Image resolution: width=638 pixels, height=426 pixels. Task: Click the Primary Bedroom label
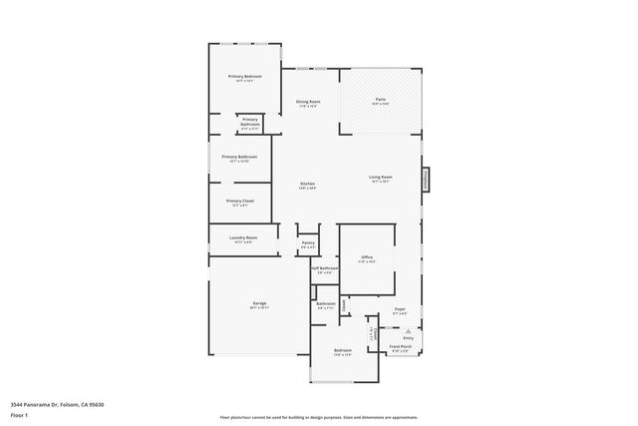point(244,76)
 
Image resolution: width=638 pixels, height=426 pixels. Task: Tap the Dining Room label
point(308,102)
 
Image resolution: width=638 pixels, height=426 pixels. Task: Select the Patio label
point(380,99)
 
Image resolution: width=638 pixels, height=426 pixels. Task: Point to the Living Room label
point(381,177)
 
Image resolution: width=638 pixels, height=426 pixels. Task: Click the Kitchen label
point(308,184)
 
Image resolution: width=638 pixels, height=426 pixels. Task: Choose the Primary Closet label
point(240,201)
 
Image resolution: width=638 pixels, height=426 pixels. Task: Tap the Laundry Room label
point(243,237)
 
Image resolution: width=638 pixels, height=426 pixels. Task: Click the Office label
point(367,256)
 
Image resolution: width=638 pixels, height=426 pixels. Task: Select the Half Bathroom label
point(324,267)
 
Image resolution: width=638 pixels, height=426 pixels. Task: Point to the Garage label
point(258,303)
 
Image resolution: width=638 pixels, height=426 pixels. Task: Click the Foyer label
point(400,309)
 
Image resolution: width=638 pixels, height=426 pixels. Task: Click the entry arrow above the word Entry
point(408,330)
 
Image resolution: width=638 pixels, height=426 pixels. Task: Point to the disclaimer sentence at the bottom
point(319,416)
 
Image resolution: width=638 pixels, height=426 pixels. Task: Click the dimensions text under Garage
point(258,308)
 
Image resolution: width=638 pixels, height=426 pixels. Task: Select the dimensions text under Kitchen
point(308,189)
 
